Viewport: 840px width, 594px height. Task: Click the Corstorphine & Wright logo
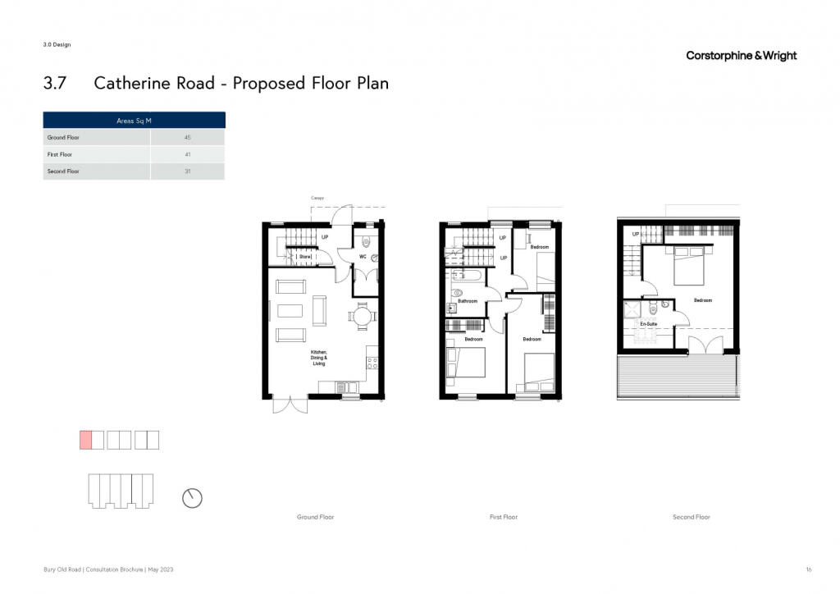click(x=741, y=56)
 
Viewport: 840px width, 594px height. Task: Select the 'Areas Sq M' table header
click(x=134, y=121)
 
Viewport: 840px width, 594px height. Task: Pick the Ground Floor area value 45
click(x=188, y=138)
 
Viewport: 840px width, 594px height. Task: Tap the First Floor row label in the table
click(x=59, y=155)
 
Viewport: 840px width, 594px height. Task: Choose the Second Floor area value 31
click(x=188, y=171)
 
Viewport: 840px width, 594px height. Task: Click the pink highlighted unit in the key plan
click(x=85, y=440)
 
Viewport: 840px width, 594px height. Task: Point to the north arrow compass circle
click(x=192, y=498)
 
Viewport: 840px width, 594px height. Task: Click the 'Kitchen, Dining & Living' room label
click(x=319, y=358)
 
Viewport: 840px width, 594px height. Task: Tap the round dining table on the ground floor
click(x=363, y=316)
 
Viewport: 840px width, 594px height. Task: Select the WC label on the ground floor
click(x=363, y=257)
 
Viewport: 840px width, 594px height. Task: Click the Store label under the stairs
click(x=305, y=257)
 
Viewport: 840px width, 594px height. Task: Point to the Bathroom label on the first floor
click(x=467, y=301)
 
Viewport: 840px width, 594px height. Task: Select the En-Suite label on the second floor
click(x=648, y=324)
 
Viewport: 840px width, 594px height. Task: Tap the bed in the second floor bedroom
click(x=689, y=265)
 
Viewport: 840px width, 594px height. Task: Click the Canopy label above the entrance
click(x=317, y=199)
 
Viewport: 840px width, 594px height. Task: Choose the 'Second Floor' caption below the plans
click(x=691, y=518)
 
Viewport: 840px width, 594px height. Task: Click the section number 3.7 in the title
click(x=55, y=84)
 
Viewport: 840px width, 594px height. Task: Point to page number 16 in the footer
click(x=809, y=569)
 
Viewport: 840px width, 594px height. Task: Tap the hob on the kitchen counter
click(x=372, y=363)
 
